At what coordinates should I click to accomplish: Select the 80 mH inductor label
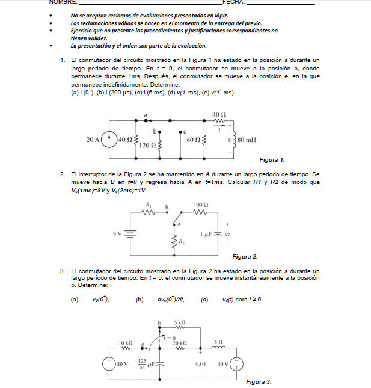pos(247,140)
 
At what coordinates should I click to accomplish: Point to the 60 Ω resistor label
pos(194,140)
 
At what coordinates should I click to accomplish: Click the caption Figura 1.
pos(272,160)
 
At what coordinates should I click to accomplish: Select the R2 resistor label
pos(182,242)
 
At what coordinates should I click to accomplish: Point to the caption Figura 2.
pos(245,257)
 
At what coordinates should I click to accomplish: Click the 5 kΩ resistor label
pos(180,323)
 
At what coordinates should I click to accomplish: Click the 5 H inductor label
pos(219,342)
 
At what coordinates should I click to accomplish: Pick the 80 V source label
pos(123,364)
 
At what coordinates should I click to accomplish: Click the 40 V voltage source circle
pos(238,364)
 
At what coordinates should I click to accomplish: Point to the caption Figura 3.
pos(259,381)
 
